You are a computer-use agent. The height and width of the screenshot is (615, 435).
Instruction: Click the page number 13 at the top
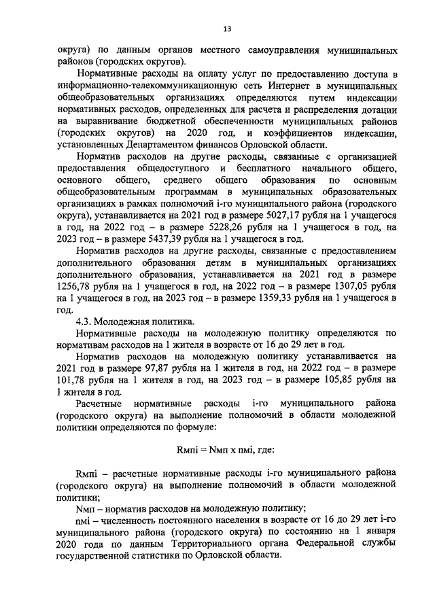(x=227, y=28)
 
